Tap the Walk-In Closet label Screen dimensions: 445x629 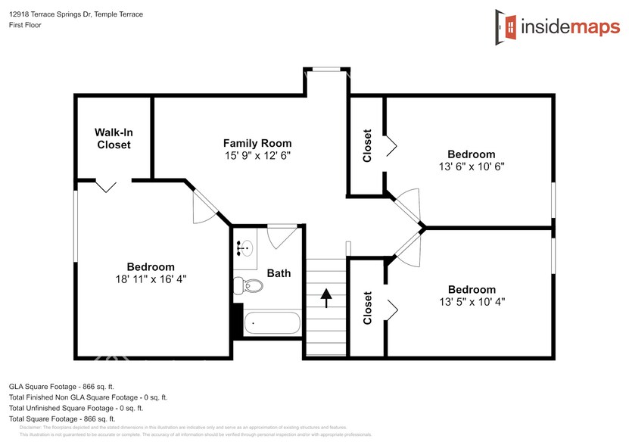point(114,138)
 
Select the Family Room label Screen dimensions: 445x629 point(257,143)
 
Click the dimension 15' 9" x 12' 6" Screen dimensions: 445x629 point(257,155)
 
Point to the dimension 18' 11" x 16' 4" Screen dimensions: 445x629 point(150,279)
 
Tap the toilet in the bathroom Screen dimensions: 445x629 point(248,287)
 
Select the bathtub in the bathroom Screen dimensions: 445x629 point(271,323)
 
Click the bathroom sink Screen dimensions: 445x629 point(244,247)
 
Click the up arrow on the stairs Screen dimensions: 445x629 point(326,297)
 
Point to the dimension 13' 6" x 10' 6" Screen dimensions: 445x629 point(471,166)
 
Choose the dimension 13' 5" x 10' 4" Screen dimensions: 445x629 point(472,302)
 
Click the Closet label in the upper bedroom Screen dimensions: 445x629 point(368,145)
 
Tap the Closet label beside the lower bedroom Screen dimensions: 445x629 point(368,308)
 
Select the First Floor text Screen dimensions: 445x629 point(24,25)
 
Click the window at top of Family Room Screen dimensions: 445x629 point(325,70)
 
